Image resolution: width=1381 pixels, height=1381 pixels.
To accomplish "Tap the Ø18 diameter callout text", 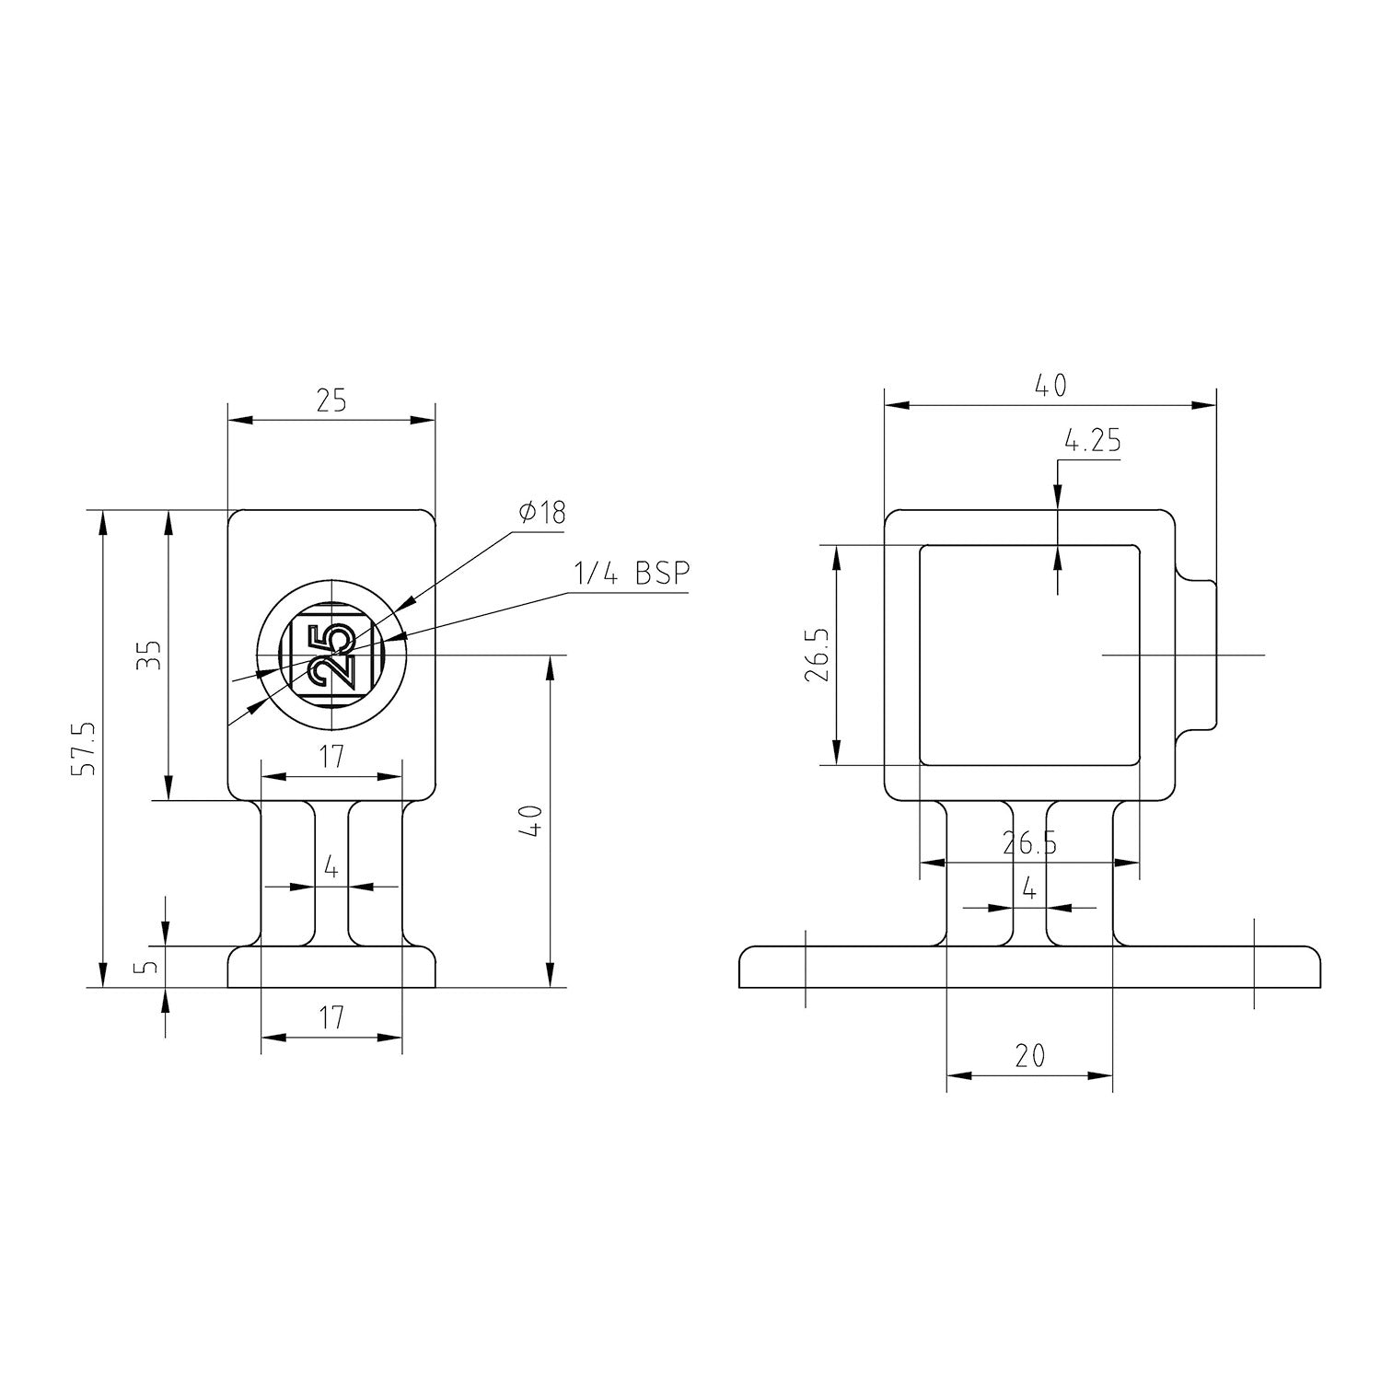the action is [x=541, y=512].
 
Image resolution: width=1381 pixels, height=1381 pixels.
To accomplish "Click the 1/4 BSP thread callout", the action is [x=632, y=573].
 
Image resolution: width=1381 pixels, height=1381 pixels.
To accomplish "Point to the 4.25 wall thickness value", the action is [x=1093, y=442].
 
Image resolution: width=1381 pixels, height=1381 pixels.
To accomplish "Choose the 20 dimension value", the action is [x=1030, y=1055].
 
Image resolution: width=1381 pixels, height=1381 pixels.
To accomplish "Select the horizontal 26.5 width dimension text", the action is [x=1030, y=843].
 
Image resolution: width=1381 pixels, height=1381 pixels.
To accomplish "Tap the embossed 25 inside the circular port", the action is [x=331, y=656].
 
